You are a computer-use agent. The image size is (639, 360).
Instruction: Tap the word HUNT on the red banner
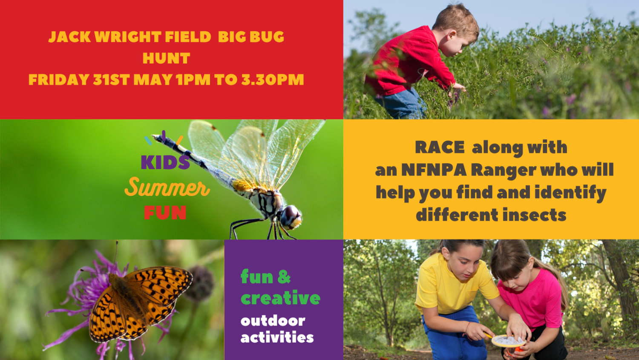pos(166,58)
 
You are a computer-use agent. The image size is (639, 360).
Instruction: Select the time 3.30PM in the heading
pos(273,80)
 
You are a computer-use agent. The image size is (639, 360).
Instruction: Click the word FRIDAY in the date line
pos(59,80)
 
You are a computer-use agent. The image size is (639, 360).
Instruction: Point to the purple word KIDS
pos(165,162)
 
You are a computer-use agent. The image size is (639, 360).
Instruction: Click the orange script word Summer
pos(167,187)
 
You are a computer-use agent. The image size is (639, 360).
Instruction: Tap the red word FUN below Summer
pos(165,213)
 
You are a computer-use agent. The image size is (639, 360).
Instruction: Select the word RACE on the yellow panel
pos(440,147)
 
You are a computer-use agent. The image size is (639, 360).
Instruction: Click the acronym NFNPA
pos(434,170)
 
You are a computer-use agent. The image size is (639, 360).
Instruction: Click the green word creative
pos(280,297)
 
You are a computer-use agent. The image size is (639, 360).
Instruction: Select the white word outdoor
pos(273,321)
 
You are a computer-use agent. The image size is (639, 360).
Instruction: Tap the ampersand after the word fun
pos(284,277)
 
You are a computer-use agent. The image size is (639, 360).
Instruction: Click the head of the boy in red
pos(456,32)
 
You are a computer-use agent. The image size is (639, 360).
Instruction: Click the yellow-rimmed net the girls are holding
pos(508,341)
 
